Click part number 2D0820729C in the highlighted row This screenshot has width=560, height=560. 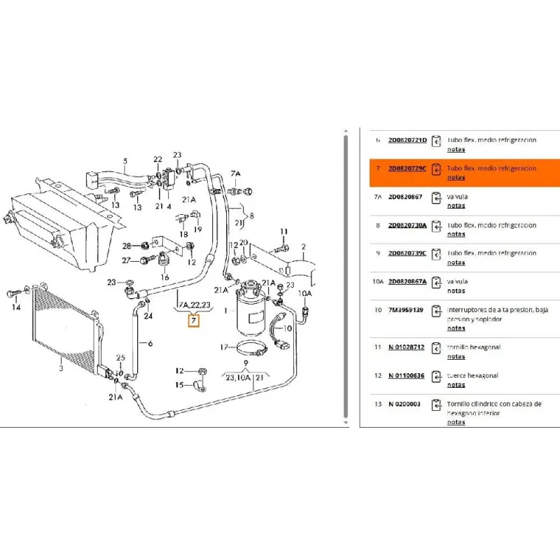pyautogui.click(x=407, y=169)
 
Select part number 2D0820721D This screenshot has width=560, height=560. pyautogui.click(x=407, y=140)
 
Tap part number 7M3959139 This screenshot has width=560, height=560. pyautogui.click(x=405, y=309)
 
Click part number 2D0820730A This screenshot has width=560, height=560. pyautogui.click(x=407, y=225)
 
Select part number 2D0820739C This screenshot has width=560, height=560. pyautogui.click(x=407, y=253)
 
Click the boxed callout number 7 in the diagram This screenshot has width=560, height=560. pyautogui.click(x=194, y=321)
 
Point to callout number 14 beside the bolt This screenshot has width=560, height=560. pyautogui.click(x=15, y=307)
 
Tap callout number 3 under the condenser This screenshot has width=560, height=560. pyautogui.click(x=60, y=367)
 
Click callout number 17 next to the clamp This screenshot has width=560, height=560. pyautogui.click(x=223, y=346)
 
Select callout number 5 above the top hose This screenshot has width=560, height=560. pyautogui.click(x=125, y=161)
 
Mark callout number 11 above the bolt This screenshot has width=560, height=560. pyautogui.click(x=283, y=232)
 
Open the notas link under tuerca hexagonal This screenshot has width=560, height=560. pyautogui.click(x=456, y=385)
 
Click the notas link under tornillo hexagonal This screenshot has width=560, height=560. pyautogui.click(x=456, y=356)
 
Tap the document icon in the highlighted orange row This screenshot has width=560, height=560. pyautogui.click(x=436, y=169)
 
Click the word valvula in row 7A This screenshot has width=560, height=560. pyautogui.click(x=457, y=197)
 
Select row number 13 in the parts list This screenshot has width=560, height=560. pyautogui.click(x=378, y=405)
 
